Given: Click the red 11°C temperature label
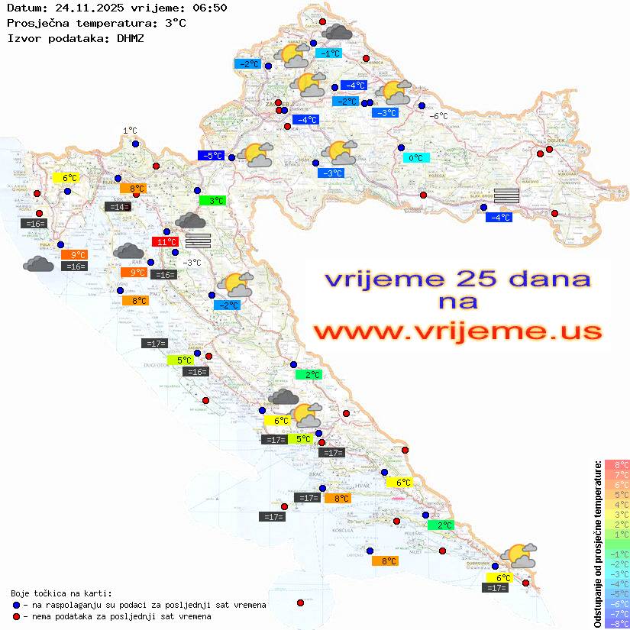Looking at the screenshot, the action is point(164,242).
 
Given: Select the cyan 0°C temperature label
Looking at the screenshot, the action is point(416,158).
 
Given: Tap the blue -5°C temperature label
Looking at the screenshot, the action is point(211,156).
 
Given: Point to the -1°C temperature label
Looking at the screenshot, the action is point(328,53).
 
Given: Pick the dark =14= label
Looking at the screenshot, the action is point(117,207).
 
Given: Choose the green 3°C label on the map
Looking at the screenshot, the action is point(212,201).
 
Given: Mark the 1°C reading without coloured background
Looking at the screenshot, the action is point(130,131).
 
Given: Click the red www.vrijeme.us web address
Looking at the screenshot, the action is point(457,331).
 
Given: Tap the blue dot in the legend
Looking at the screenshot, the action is point(16,605).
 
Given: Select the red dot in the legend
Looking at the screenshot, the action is point(16,616).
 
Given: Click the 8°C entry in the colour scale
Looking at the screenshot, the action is point(616,464).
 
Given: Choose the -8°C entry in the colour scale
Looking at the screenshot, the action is point(616,623).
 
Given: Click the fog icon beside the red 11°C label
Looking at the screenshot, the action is point(198,241).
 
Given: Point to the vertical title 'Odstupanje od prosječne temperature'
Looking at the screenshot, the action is point(597,544).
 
